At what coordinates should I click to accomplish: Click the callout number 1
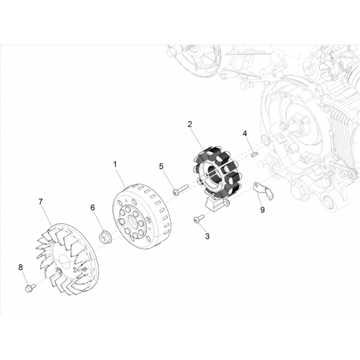(x=115, y=165)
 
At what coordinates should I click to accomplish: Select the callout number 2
(x=190, y=124)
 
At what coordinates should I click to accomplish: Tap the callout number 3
(x=207, y=236)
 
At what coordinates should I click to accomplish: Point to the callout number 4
(x=245, y=133)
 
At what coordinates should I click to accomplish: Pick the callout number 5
(x=161, y=166)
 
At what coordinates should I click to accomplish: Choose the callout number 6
(x=93, y=207)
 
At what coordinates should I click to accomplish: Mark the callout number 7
(x=40, y=202)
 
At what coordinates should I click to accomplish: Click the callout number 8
(x=20, y=267)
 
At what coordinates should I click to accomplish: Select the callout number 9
(x=263, y=210)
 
